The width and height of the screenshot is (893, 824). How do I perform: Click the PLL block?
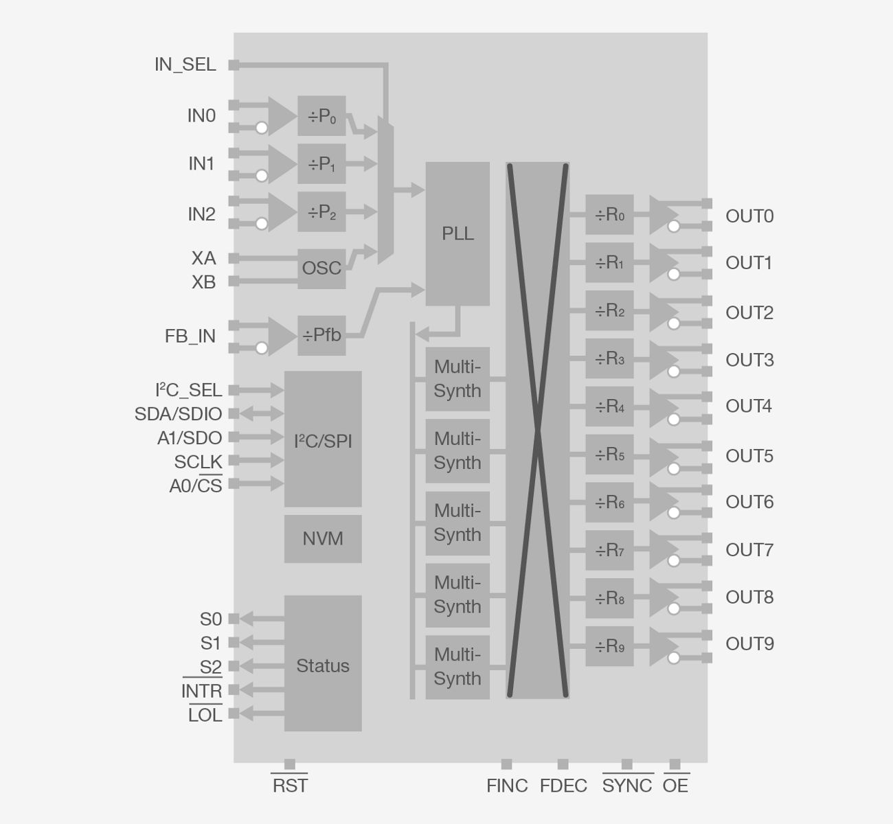pos(457,233)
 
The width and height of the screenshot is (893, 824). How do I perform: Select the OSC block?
pos(321,268)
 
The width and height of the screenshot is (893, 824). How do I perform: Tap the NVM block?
pos(323,539)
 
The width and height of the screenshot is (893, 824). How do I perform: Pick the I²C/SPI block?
pos(323,439)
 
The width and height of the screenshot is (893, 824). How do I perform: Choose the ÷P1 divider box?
pos(321,164)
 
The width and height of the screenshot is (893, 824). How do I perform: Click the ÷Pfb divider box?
pos(321,336)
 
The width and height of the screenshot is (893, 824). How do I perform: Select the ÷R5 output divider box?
pos(609,455)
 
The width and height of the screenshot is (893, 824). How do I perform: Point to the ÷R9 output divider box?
pos(609,646)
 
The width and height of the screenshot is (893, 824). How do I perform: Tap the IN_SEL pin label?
pos(185,65)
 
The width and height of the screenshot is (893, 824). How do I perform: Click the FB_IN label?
pos(190,336)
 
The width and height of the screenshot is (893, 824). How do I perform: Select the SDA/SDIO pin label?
pos(179,414)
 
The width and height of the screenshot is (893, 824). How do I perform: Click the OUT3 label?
pos(749,360)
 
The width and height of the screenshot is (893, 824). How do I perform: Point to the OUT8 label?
pos(749,597)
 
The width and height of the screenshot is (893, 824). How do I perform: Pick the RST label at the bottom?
pos(290,786)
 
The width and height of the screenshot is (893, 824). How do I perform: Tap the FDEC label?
pos(563,786)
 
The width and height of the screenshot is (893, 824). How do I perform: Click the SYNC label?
pos(627,786)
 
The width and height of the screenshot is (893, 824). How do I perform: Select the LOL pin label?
pos(205,715)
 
